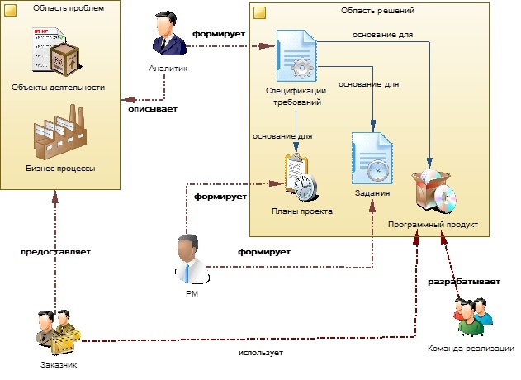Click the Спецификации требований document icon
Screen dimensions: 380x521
pos(296,55)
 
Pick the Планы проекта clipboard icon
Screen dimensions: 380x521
pos(301,177)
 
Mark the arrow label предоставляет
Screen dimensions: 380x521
pos(55,251)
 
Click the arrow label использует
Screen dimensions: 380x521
pos(260,353)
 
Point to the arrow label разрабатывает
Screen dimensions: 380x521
pos(463,282)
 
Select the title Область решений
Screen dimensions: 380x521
pos(377,11)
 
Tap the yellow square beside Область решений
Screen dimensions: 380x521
pos(258,12)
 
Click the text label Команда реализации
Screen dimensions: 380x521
pos(471,348)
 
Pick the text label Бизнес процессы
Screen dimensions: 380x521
pos(59,168)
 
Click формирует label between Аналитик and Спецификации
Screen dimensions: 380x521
pos(220,35)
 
